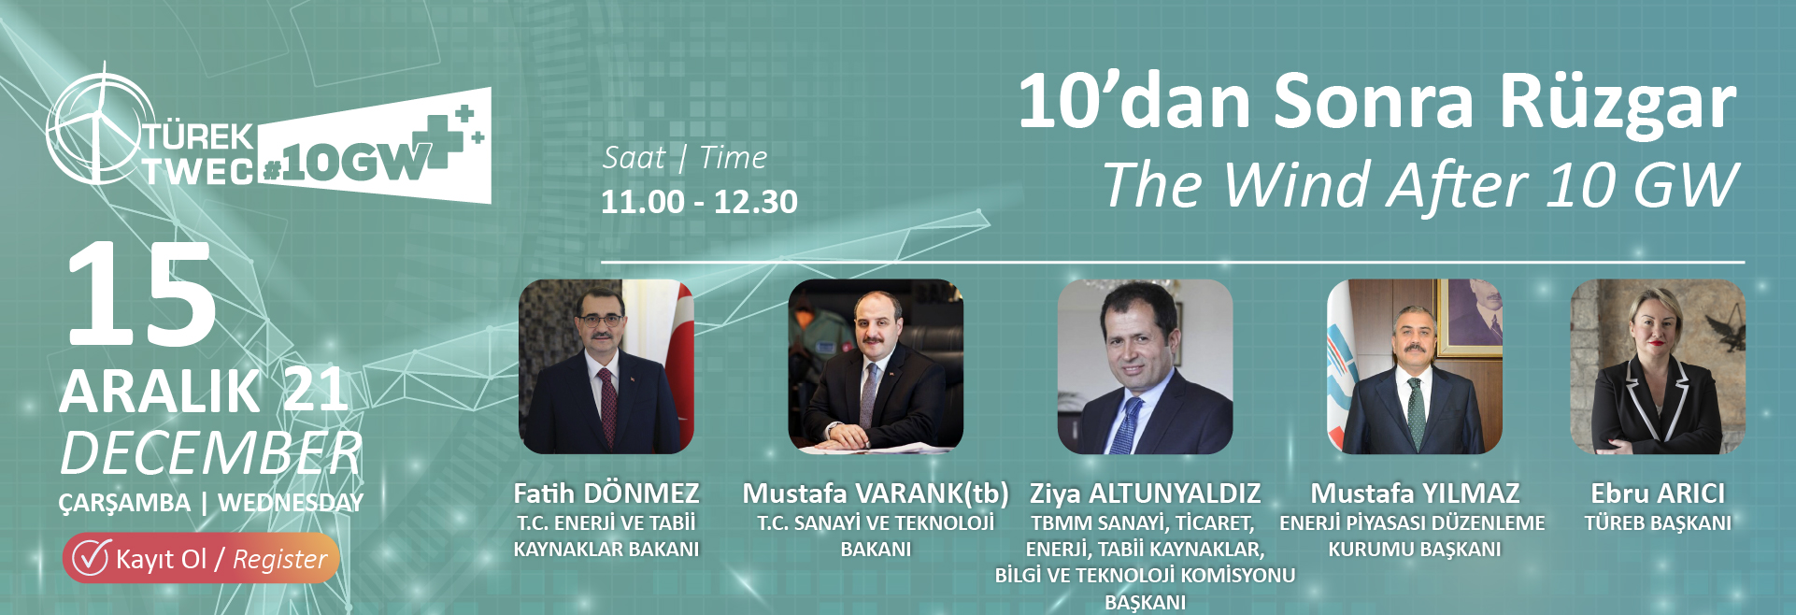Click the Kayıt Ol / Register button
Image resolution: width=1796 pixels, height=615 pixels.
pyautogui.click(x=201, y=558)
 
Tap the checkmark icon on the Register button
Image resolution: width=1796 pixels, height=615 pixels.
pyautogui.click(x=92, y=557)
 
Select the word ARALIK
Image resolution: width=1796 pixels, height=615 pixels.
pyautogui.click(x=160, y=392)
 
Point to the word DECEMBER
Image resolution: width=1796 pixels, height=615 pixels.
pyautogui.click(x=211, y=453)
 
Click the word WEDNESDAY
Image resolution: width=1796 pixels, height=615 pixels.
pyautogui.click(x=291, y=503)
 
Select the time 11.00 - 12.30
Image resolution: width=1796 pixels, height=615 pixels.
pyautogui.click(x=699, y=202)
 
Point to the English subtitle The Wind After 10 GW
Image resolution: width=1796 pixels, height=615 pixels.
pyautogui.click(x=1420, y=185)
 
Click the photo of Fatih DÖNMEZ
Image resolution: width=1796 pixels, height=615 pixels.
pyautogui.click(x=606, y=366)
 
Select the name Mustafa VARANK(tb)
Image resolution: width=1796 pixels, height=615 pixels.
pyautogui.click(x=876, y=493)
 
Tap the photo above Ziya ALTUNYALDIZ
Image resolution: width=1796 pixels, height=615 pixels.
pyautogui.click(x=1145, y=366)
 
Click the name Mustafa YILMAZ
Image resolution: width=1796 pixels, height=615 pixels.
pyautogui.click(x=1415, y=493)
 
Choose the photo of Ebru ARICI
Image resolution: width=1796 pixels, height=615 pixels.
pyautogui.click(x=1658, y=366)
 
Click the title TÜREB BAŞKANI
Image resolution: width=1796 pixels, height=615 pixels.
pyautogui.click(x=1658, y=523)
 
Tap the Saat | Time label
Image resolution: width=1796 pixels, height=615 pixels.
pyautogui.click(x=685, y=158)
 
